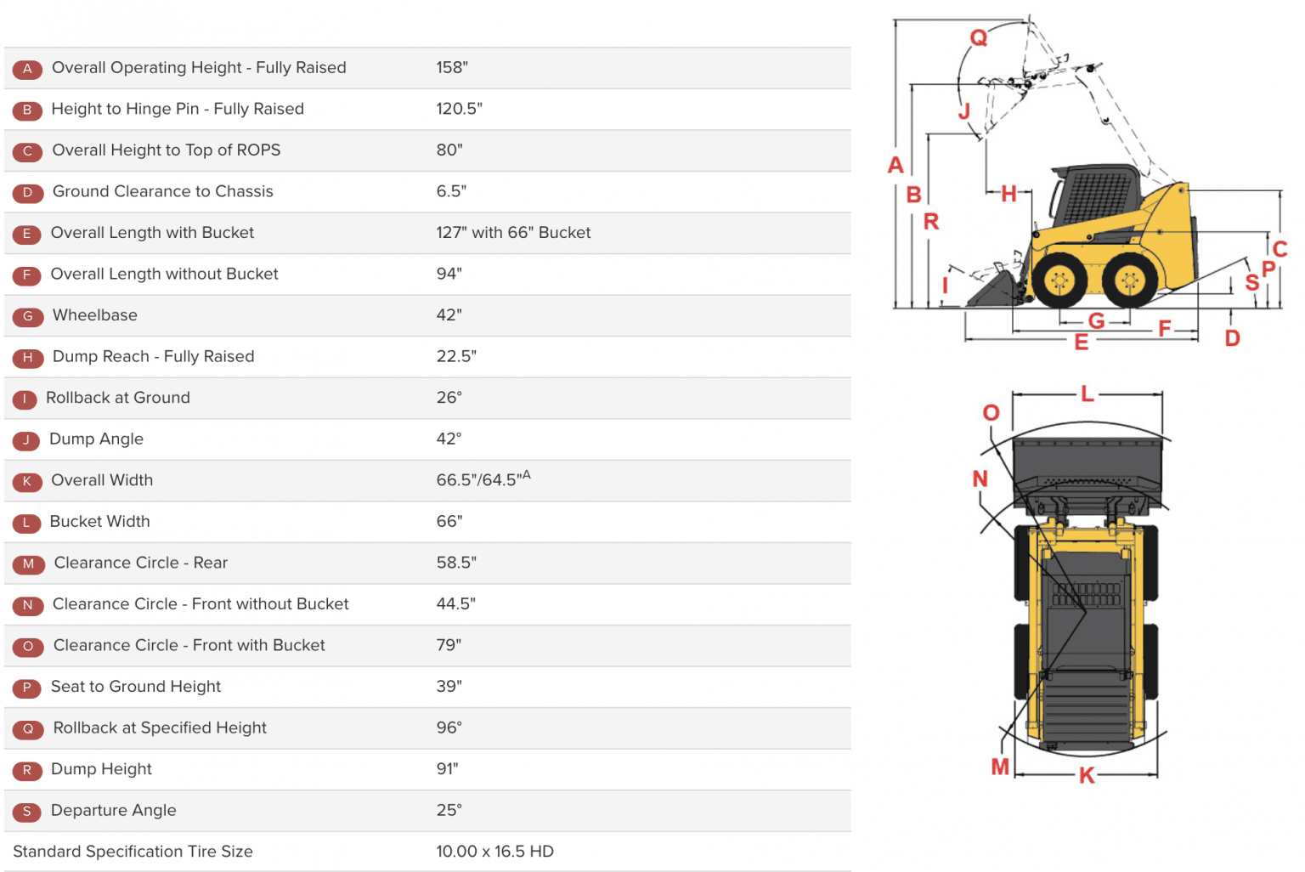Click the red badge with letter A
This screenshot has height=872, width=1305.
27,69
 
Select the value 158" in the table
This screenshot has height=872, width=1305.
452,68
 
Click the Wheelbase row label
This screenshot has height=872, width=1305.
94,315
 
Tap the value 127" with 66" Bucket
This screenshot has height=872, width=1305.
513,233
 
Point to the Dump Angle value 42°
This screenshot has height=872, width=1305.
449,439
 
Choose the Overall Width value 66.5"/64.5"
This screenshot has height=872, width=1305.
482,480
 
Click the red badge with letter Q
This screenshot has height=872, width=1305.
28,729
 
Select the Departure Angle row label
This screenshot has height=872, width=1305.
113,811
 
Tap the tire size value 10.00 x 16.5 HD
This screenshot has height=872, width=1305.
494,852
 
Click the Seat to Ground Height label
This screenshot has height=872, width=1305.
135,687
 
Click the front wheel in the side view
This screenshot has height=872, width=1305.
1059,280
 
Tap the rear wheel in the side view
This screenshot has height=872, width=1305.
1130,280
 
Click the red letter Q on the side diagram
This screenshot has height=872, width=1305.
979,38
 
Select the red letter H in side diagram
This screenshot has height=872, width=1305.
1008,194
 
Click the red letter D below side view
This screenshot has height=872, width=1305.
1232,338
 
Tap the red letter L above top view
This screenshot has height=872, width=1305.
1087,394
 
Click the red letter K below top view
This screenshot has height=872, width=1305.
1086,775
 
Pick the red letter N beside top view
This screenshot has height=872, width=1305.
980,478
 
